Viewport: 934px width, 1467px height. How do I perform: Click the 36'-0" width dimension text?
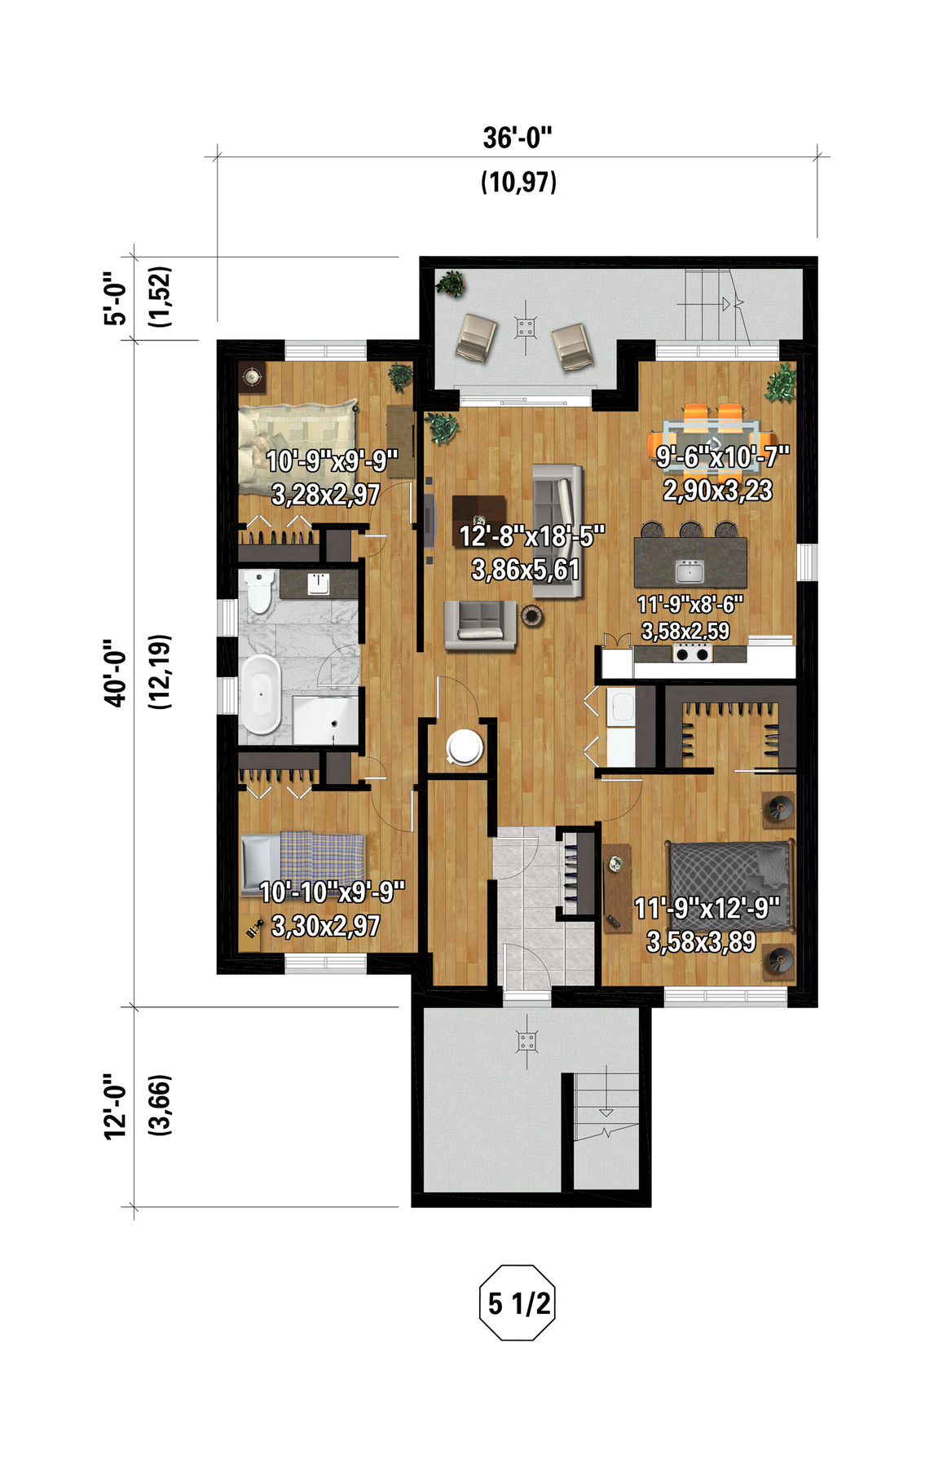[x=518, y=138]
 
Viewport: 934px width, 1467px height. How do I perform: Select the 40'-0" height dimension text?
[x=115, y=673]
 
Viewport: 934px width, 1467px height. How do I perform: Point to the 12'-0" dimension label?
[x=115, y=1106]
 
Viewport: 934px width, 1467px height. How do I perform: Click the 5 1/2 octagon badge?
[x=518, y=1303]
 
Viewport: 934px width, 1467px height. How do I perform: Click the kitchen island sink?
[x=689, y=570]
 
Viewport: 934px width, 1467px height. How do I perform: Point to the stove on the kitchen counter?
[x=694, y=653]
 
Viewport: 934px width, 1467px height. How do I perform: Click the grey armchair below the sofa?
[x=480, y=625]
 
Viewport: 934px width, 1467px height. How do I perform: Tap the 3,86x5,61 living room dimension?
[x=526, y=570]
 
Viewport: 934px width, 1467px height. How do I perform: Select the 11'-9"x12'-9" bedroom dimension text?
[x=707, y=908]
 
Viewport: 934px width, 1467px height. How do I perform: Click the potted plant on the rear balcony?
[x=450, y=284]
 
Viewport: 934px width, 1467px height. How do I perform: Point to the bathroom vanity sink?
[x=319, y=584]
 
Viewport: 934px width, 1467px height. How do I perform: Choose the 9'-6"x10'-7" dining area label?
[x=723, y=457]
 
